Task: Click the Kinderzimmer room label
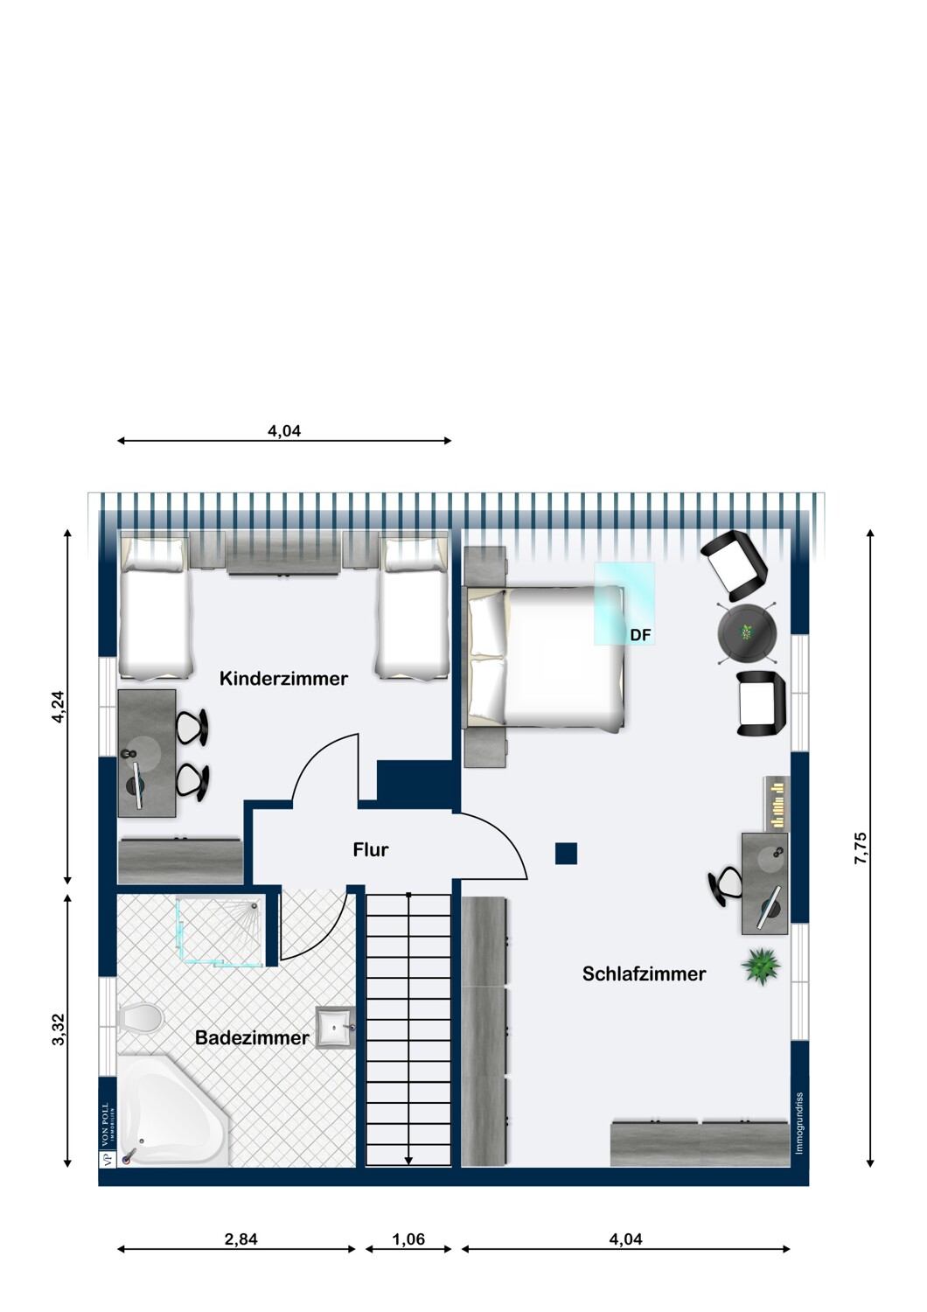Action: coord(283,679)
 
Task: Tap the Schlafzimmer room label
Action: coord(644,974)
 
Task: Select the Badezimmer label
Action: coord(252,1038)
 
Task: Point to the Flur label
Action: coord(370,849)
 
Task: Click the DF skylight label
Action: coord(640,635)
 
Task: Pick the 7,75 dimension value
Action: coord(861,848)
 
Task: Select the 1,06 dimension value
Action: coord(408,1239)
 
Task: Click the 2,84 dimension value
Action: coord(241,1239)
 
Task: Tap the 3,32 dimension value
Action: coord(59,1029)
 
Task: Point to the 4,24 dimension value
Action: coord(59,707)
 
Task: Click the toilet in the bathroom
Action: coord(141,1018)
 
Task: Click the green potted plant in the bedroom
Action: coord(761,966)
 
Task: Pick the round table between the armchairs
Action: coord(748,633)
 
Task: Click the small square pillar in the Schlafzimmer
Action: coord(567,853)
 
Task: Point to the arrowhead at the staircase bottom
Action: coord(408,1160)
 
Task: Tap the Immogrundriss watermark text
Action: coord(799,1123)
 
